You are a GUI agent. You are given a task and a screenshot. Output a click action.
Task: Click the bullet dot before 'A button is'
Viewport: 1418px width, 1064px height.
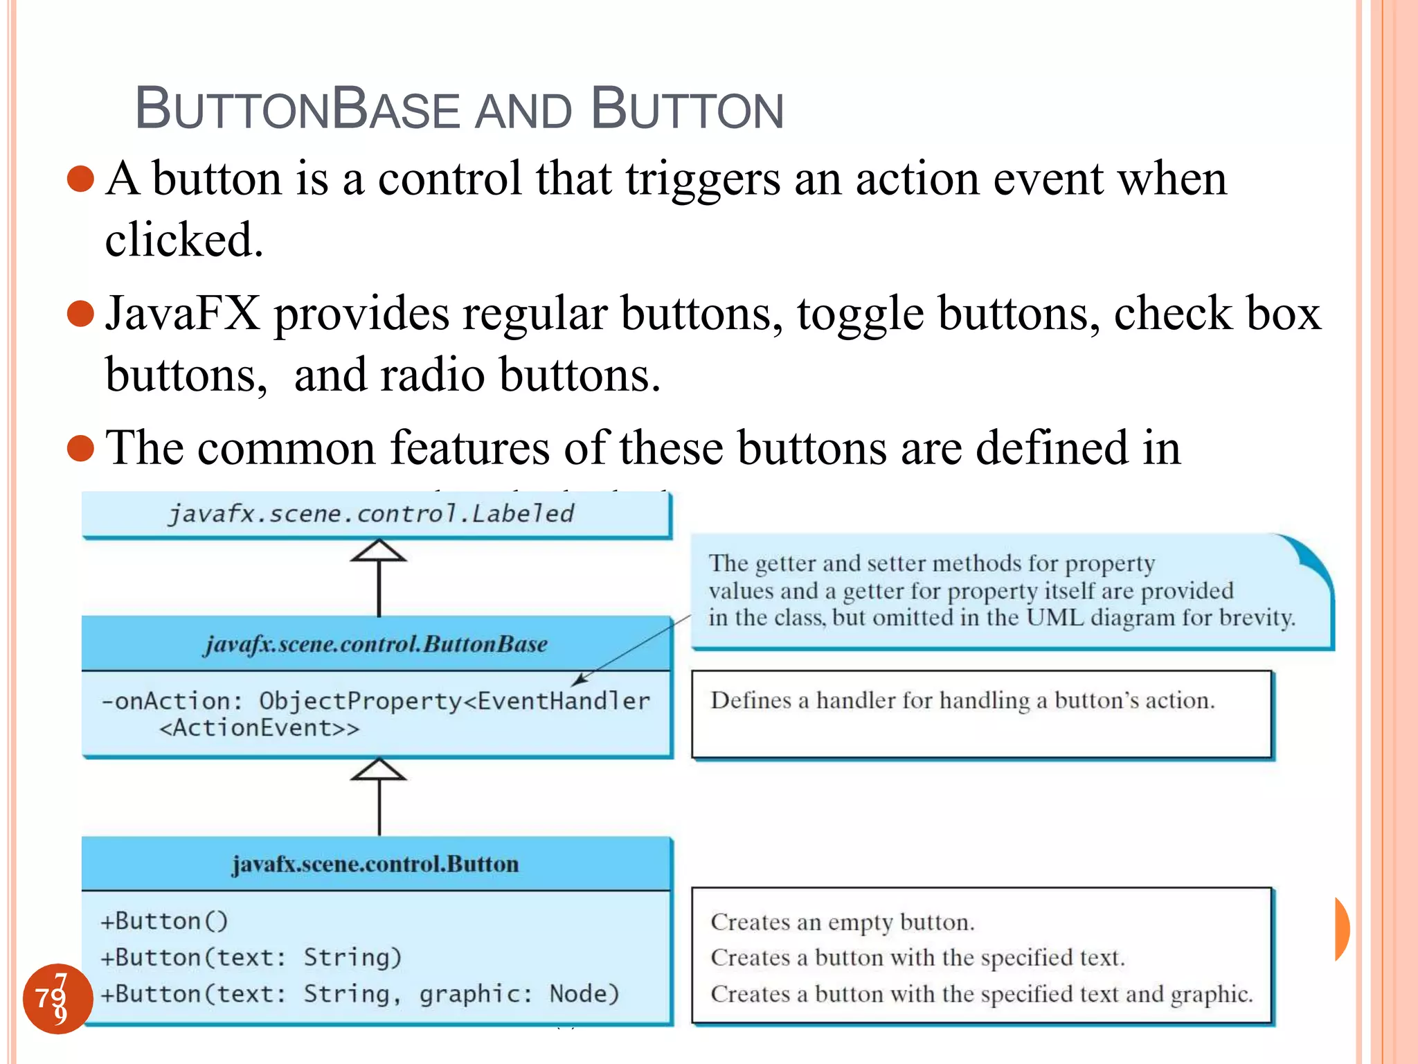tap(81, 179)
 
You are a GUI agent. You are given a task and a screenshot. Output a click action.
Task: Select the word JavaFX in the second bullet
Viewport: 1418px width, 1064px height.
tap(183, 314)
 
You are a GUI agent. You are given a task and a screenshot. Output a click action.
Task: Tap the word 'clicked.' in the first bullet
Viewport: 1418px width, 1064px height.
tap(184, 240)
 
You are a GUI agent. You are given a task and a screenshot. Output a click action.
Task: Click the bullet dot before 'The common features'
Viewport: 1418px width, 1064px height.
tap(81, 448)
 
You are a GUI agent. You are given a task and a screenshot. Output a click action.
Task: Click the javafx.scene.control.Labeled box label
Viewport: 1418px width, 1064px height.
tap(372, 514)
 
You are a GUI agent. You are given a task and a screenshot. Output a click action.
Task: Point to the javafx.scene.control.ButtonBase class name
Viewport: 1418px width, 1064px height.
tap(376, 644)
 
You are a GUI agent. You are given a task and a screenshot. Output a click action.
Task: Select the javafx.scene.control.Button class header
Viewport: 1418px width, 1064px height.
tap(376, 864)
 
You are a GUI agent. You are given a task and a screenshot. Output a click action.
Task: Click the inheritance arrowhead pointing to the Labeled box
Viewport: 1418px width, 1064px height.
tap(378, 551)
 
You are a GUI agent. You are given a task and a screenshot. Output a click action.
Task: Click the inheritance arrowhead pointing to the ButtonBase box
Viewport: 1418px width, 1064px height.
tap(378, 770)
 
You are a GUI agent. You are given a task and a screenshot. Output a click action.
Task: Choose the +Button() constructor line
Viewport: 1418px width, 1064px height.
tap(165, 921)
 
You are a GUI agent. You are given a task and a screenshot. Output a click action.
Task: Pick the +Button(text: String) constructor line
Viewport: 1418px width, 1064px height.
tap(251, 957)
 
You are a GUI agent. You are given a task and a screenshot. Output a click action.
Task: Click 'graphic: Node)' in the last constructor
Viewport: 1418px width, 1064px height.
tap(519, 994)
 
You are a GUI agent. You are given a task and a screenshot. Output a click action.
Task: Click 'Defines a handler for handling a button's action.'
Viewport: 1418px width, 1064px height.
tap(962, 700)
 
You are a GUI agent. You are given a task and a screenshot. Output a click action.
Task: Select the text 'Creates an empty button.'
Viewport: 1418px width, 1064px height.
tap(843, 922)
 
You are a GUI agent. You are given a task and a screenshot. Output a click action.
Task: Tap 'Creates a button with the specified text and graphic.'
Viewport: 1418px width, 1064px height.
tap(982, 994)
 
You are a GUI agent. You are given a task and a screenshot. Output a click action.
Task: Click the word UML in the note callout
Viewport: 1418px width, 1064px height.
tap(1054, 617)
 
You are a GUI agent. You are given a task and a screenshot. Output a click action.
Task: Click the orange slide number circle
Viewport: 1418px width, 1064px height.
tap(57, 998)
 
